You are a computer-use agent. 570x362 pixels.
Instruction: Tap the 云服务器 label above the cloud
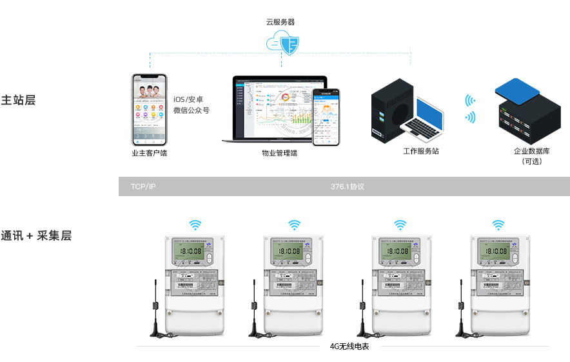coord(280,22)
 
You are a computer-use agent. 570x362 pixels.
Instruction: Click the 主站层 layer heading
coord(18,101)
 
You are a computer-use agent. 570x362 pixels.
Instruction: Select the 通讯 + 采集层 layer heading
coord(36,236)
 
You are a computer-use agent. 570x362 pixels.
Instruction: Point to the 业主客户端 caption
coord(149,154)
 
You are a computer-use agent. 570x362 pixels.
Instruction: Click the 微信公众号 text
coord(192,110)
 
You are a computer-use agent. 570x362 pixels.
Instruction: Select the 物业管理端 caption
coord(279,154)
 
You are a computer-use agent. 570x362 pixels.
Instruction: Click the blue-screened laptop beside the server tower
coord(426,119)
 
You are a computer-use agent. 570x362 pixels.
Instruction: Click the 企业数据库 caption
coord(532,151)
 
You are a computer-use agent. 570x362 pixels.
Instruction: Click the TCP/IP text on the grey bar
coord(143,186)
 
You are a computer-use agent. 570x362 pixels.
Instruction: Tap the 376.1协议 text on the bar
coord(348,186)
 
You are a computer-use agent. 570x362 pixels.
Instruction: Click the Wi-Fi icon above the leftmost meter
coord(195,225)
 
